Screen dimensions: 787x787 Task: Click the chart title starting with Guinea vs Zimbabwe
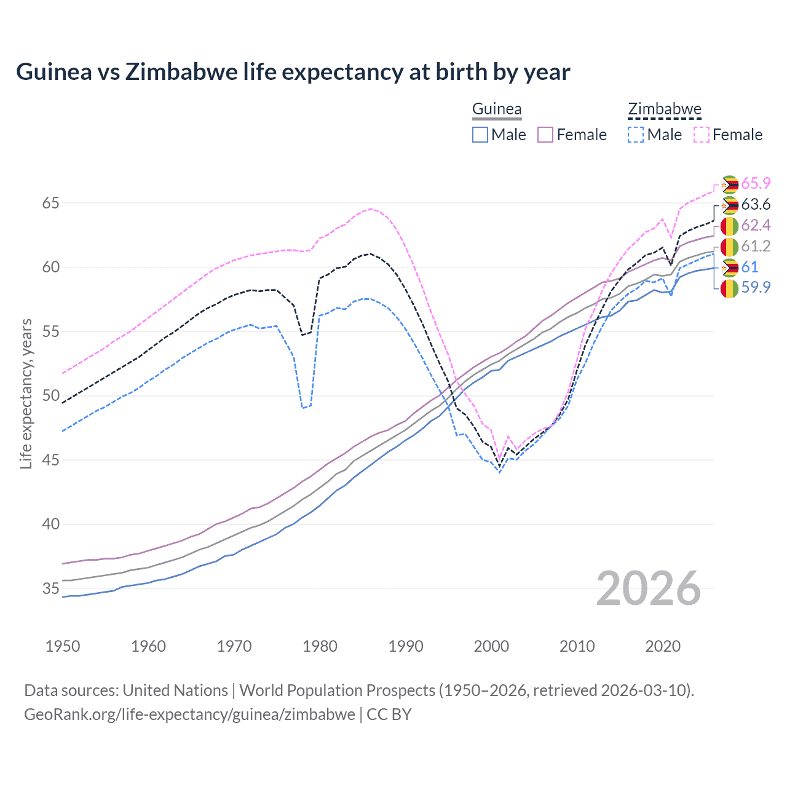point(293,72)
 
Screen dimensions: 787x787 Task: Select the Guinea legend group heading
point(496,109)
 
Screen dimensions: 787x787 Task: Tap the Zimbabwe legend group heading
point(664,109)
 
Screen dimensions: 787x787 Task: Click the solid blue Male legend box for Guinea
point(480,135)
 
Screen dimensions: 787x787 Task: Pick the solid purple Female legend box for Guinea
point(545,135)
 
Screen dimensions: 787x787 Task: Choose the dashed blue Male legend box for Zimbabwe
point(636,135)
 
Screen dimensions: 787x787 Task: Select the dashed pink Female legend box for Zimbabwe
point(702,135)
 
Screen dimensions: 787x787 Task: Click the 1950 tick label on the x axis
point(63,646)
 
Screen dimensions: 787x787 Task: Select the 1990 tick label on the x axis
point(406,646)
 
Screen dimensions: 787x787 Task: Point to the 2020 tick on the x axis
point(663,646)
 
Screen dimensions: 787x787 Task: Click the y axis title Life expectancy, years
point(26,393)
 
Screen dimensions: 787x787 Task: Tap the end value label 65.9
point(756,184)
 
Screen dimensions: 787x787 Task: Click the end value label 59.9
point(756,287)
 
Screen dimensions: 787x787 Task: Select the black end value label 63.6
point(756,205)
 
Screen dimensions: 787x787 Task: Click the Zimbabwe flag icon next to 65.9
point(730,184)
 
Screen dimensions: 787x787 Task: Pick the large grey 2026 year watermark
point(648,588)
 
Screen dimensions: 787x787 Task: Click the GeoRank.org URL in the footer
point(189,714)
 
